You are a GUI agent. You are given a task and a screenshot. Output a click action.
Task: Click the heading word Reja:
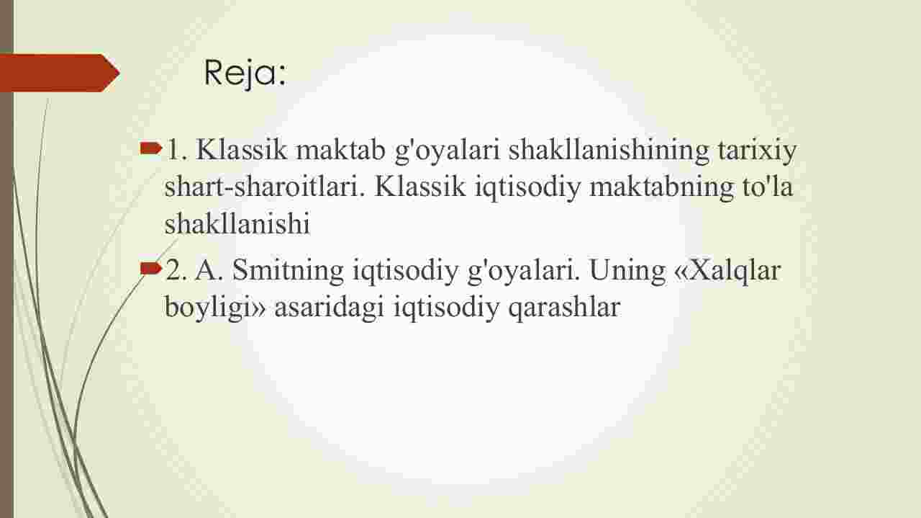coord(245,73)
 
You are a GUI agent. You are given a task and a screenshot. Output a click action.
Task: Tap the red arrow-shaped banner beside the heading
coord(60,73)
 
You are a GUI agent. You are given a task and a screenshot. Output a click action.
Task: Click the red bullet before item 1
coord(150,148)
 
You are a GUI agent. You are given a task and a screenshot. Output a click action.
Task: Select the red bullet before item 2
coord(150,269)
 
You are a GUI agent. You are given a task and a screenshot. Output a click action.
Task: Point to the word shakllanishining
coord(609,150)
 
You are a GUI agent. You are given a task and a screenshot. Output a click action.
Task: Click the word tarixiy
coord(758,151)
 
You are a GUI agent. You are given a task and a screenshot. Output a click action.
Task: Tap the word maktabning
coord(661,187)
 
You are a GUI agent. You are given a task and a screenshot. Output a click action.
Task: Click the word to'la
coord(767,187)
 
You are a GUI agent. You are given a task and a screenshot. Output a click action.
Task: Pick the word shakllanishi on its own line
coord(237,223)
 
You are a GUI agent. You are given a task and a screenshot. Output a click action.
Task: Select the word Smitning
coord(288,271)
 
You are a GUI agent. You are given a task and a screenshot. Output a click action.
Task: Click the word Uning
coord(627,271)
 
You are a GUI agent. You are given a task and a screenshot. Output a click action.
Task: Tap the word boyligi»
coord(215,308)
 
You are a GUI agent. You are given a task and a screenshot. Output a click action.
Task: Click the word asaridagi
coord(330,308)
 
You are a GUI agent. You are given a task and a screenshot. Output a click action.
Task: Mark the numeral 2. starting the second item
coord(176,270)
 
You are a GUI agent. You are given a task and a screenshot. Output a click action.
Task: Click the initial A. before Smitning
coord(209,270)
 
